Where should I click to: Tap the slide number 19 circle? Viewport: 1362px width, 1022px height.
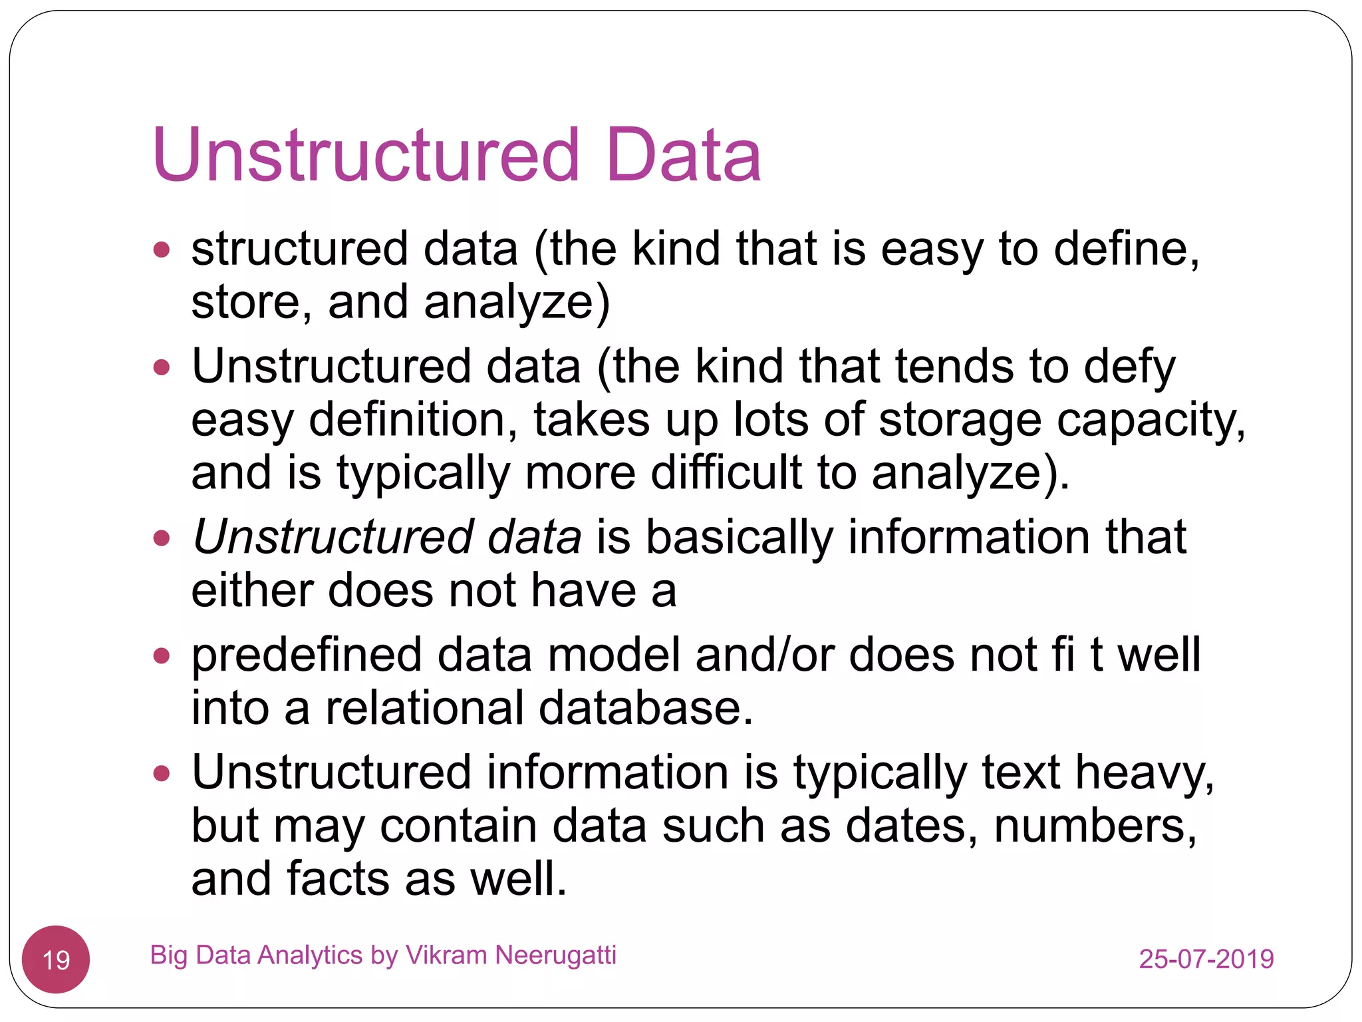tap(56, 959)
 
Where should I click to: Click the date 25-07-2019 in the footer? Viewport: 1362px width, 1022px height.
tap(1206, 959)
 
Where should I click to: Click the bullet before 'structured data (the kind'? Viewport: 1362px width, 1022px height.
tap(162, 251)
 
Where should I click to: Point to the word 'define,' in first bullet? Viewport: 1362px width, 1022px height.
tap(1127, 249)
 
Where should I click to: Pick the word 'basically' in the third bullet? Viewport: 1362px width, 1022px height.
tap(739, 537)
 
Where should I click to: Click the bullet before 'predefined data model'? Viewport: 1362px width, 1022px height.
tap(162, 657)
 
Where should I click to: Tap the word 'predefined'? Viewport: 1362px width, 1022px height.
tap(307, 655)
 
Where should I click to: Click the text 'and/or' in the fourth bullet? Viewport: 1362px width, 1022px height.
tap(764, 655)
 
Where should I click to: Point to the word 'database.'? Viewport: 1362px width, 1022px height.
tap(646, 707)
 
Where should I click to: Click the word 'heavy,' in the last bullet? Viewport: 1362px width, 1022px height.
tap(1145, 773)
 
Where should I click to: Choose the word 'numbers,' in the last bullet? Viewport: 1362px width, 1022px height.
tap(1095, 826)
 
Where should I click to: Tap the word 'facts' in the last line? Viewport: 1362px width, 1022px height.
tap(338, 879)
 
